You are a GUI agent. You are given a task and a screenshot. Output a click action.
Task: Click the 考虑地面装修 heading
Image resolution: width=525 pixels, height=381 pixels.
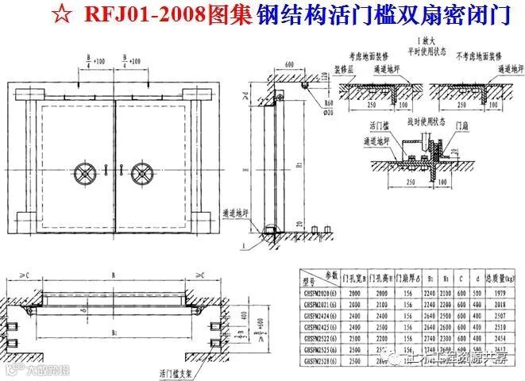click(x=367, y=58)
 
